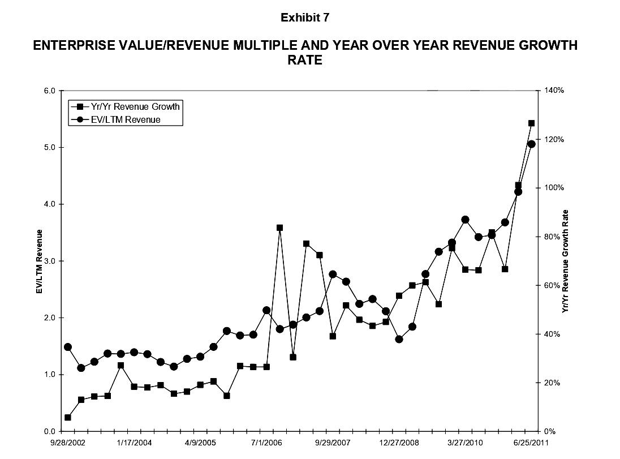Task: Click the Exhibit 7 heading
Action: point(305,18)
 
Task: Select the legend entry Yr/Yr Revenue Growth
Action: point(135,106)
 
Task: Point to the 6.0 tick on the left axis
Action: point(49,91)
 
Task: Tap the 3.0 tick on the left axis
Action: point(49,261)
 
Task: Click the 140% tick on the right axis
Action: point(554,91)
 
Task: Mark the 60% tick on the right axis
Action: point(552,285)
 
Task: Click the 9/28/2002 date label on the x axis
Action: point(67,442)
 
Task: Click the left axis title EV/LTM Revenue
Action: point(40,261)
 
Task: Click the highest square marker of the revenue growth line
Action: point(531,123)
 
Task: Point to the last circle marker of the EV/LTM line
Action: point(531,144)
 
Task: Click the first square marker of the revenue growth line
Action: point(68,417)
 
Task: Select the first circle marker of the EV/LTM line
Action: point(68,347)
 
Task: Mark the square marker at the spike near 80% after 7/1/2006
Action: point(279,228)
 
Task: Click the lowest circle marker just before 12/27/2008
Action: point(399,339)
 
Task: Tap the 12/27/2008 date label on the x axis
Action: point(399,442)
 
